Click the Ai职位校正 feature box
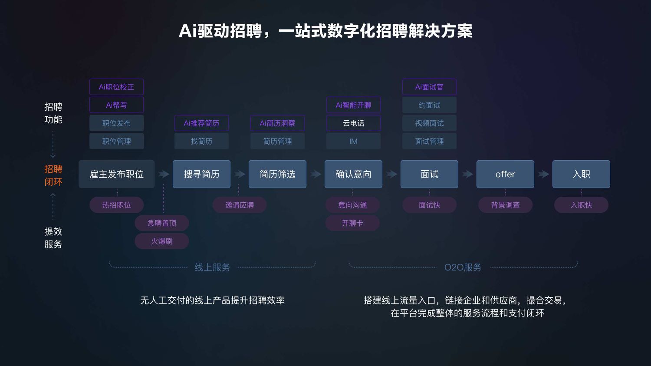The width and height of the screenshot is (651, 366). [116, 87]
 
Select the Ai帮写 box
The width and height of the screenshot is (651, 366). [116, 105]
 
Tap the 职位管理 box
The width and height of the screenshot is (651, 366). [116, 141]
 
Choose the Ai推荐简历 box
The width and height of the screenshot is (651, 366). [201, 123]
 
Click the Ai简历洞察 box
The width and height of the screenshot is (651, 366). [277, 123]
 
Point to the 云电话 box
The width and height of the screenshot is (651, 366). [353, 123]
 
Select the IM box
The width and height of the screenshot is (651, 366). [353, 141]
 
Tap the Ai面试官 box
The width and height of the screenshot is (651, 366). [429, 87]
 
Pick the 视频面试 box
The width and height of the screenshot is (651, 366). [429, 123]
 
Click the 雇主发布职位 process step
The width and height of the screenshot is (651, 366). [116, 174]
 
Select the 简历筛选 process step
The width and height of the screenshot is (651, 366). [277, 174]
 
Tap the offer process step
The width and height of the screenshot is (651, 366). [505, 174]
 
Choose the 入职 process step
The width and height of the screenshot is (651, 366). [581, 174]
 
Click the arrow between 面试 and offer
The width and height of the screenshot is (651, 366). [467, 174]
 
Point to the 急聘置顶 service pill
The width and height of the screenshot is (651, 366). [162, 223]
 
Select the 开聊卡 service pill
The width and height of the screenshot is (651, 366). [352, 223]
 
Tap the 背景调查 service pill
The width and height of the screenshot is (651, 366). [505, 205]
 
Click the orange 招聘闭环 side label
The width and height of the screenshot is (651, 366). [53, 175]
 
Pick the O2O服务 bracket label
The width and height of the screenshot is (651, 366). [463, 267]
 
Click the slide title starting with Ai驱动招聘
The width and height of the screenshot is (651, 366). [325, 31]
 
